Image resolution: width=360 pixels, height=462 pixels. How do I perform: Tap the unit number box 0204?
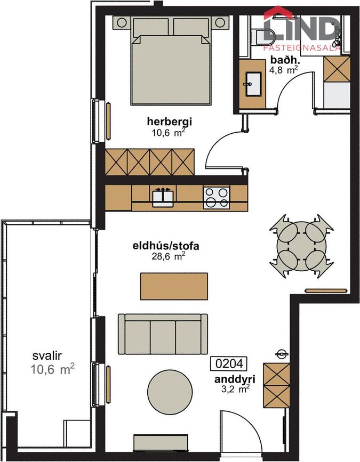pos(229,364)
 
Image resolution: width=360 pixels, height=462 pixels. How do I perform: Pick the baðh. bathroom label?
pos(282,60)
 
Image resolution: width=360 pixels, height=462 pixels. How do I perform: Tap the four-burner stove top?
pos(216,197)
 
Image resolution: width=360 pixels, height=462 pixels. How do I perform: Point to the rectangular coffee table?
pos(174,286)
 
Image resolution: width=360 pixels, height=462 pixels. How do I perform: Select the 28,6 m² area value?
pos(168,256)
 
